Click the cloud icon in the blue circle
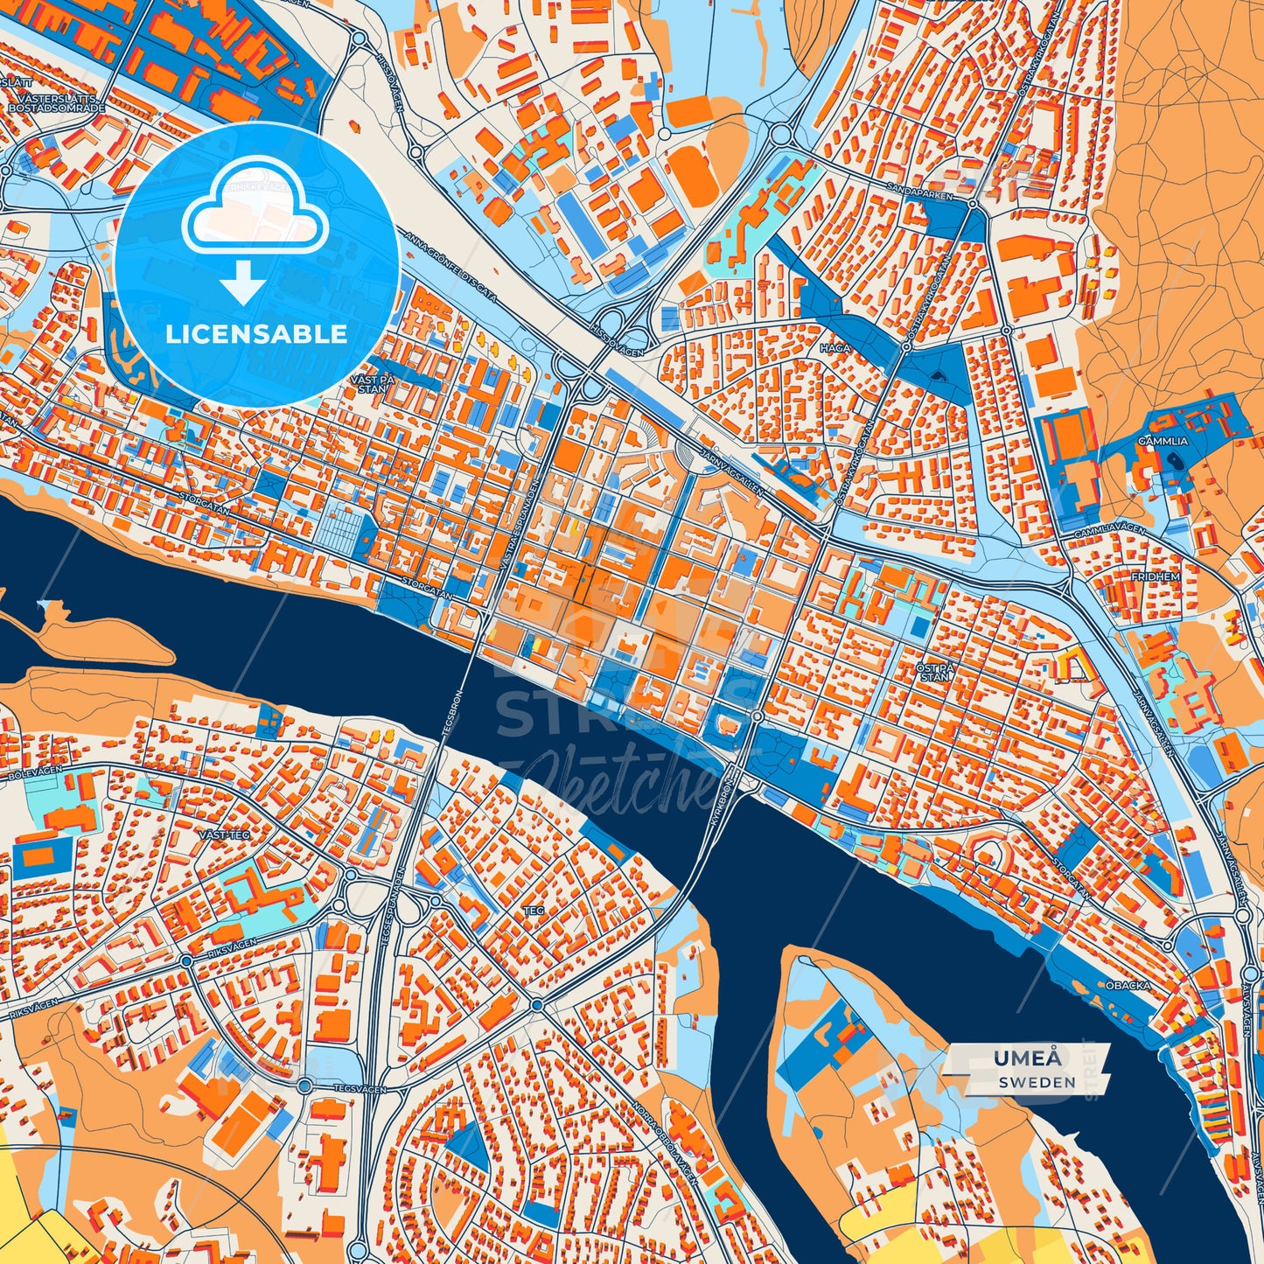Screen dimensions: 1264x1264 tap(255, 213)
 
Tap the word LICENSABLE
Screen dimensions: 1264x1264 tap(258, 334)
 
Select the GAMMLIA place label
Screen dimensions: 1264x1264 tap(1163, 442)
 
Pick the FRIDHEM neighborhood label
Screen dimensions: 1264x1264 tap(1156, 577)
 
